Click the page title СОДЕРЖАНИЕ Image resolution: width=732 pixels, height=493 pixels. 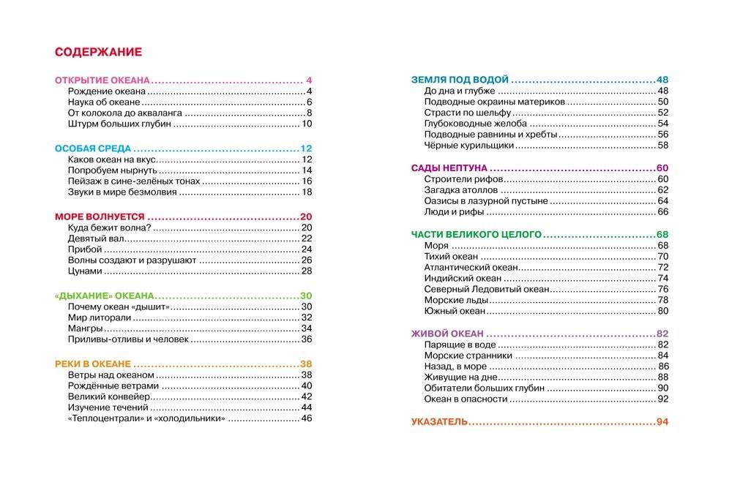[98, 52]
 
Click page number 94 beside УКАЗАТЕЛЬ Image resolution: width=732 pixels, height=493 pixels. [663, 422]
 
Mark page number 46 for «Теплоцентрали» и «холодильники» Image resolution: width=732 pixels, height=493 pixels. [307, 418]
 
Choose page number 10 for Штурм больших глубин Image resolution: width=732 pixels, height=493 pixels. [307, 124]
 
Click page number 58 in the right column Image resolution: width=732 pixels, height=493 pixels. [663, 146]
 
